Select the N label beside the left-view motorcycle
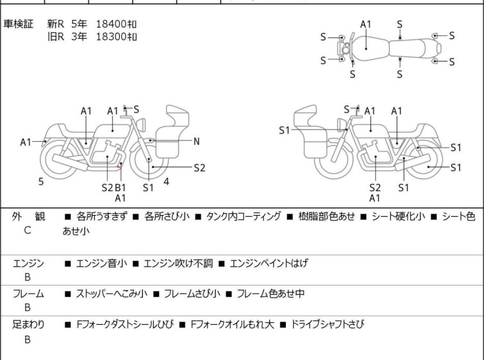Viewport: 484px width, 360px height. click(x=197, y=141)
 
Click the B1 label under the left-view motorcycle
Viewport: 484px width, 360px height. click(x=121, y=187)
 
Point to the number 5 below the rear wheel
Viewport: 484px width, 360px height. click(x=41, y=182)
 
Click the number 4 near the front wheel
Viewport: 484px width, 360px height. click(x=166, y=182)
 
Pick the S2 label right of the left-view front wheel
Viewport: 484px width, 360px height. click(x=199, y=168)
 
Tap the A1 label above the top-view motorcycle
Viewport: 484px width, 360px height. click(x=365, y=24)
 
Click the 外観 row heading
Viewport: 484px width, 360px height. click(x=28, y=217)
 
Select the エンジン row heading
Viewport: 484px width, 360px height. click(x=28, y=263)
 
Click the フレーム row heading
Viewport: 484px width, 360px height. click(x=28, y=294)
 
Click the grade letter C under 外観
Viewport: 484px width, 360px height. click(x=28, y=230)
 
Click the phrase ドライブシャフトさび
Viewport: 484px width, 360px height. click(x=328, y=325)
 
